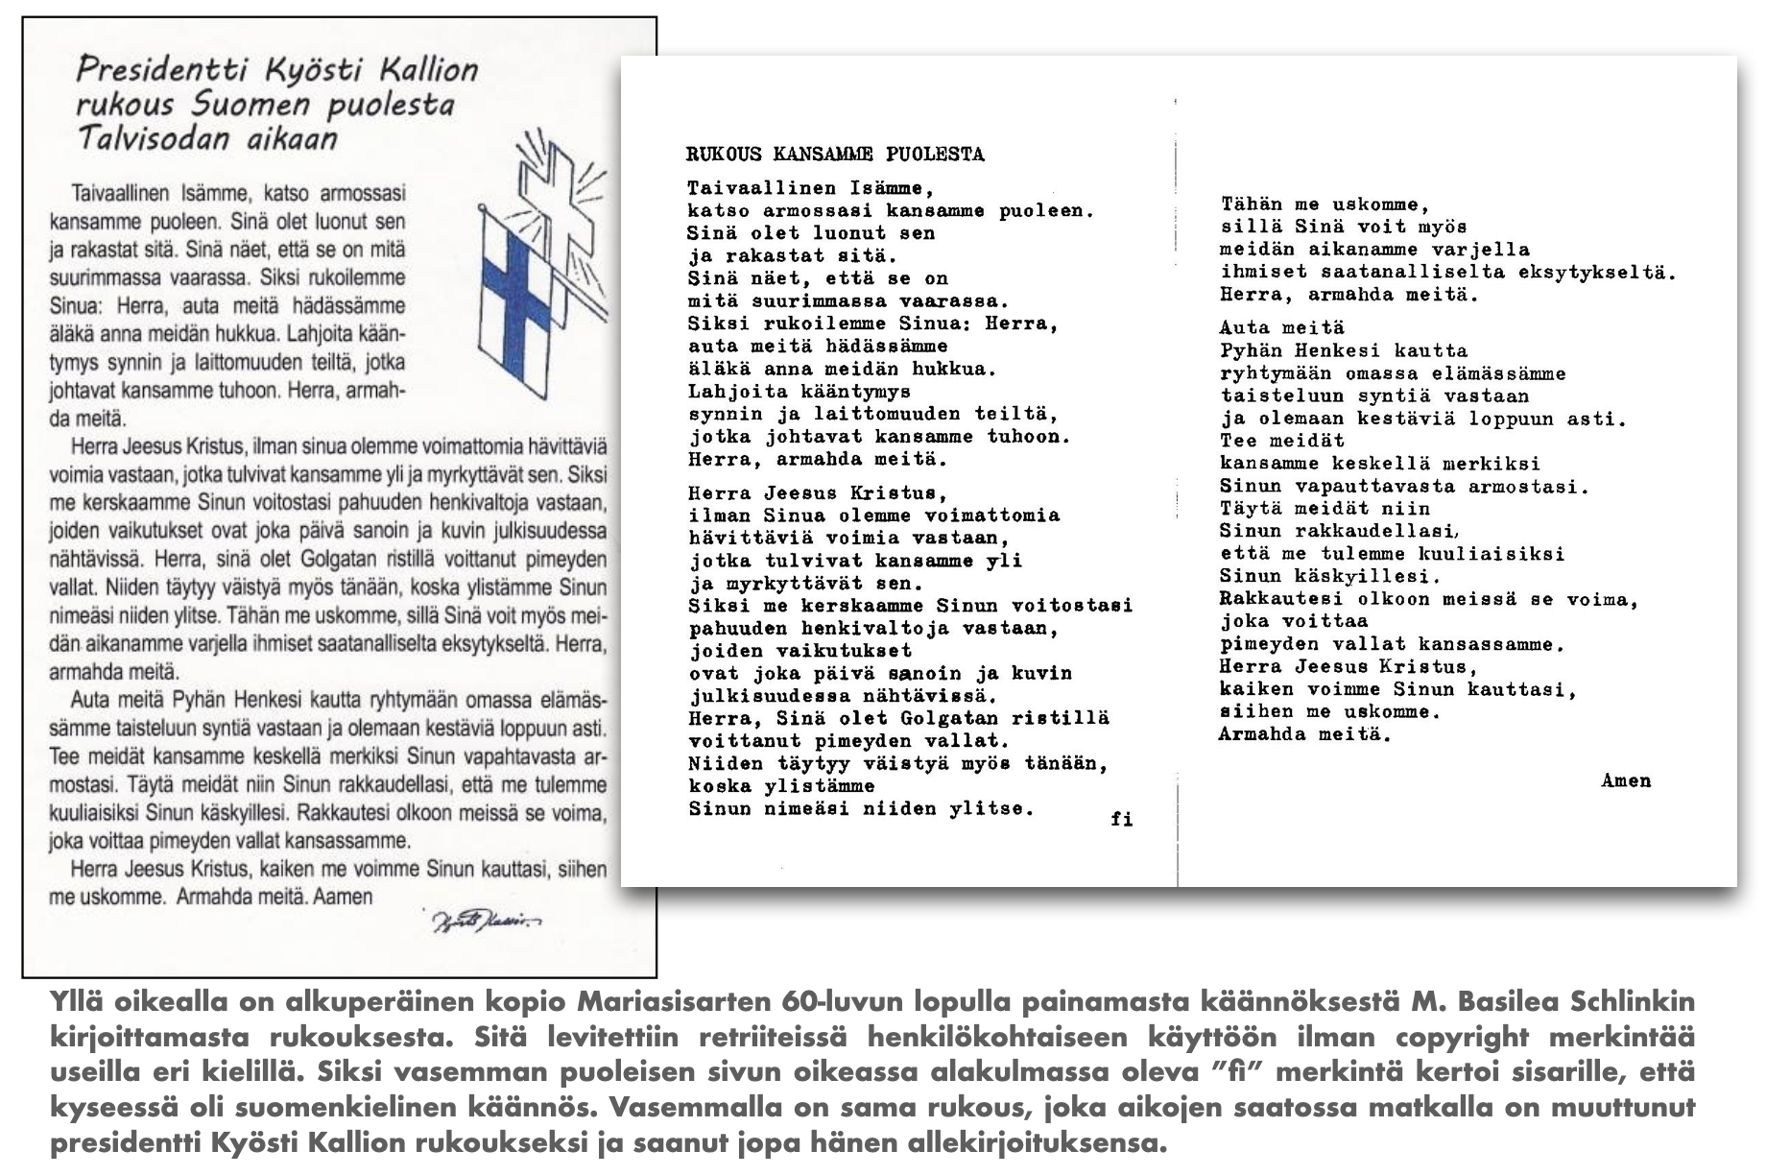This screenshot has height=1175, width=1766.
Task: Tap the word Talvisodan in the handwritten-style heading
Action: [x=154, y=138]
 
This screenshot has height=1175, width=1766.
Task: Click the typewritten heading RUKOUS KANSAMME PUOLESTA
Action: [x=835, y=155]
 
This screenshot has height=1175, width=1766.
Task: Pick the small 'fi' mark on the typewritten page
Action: [x=1121, y=819]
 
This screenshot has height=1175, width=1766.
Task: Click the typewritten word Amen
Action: [x=1626, y=780]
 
